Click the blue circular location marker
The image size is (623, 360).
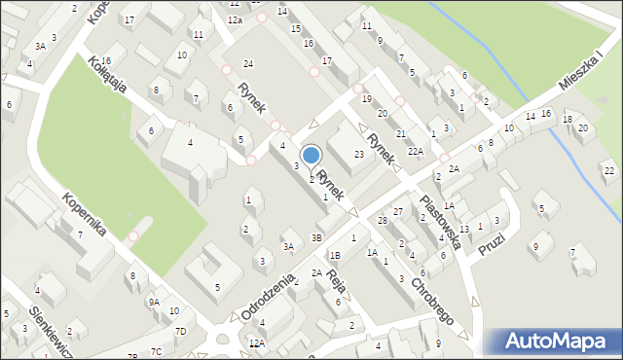click(x=311, y=156)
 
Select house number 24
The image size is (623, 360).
click(x=248, y=63)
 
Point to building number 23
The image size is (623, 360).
click(x=359, y=155)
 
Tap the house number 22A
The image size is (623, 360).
click(x=416, y=151)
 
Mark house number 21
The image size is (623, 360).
click(x=400, y=133)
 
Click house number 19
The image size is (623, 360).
click(x=367, y=99)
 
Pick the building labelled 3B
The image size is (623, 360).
click(x=316, y=237)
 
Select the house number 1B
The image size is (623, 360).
click(x=335, y=255)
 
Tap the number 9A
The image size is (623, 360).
click(x=154, y=302)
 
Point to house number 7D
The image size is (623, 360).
click(x=180, y=331)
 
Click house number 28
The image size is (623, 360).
click(x=383, y=221)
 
